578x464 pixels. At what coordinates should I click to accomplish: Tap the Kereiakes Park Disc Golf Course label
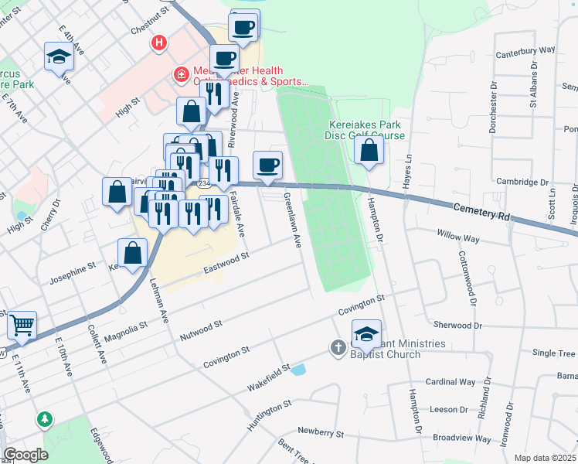tap(367, 130)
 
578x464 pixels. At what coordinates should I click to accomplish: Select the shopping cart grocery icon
tap(22, 326)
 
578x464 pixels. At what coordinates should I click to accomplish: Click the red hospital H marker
tap(159, 43)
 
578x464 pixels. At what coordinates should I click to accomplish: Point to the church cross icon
tap(338, 348)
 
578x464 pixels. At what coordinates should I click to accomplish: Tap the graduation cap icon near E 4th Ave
tap(59, 56)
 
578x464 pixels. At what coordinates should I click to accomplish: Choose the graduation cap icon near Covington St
tap(366, 333)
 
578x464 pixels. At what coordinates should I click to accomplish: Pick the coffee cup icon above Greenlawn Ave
tap(267, 164)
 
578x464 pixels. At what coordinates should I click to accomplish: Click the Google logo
tap(25, 455)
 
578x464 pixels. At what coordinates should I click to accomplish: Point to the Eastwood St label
tap(226, 264)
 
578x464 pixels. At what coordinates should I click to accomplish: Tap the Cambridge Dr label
tap(522, 183)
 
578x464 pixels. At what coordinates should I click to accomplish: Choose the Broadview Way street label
tap(461, 437)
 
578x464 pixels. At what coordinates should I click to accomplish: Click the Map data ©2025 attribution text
tap(545, 458)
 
